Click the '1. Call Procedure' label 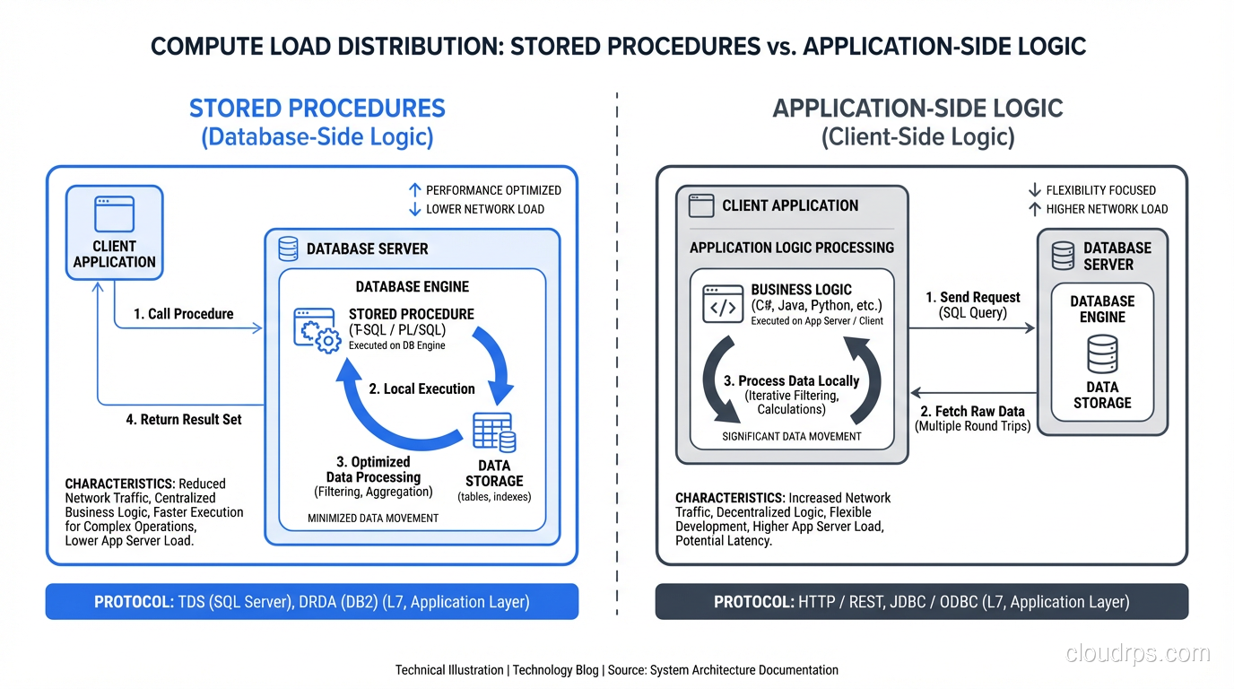tap(183, 314)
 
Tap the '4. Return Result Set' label tap(183, 419)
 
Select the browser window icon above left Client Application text tap(114, 215)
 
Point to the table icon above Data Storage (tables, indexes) tap(493, 432)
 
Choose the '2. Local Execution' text tap(421, 388)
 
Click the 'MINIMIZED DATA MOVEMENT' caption tap(373, 518)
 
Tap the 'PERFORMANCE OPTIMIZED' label tap(492, 190)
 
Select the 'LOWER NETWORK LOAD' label tap(484, 209)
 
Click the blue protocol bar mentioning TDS tap(312, 601)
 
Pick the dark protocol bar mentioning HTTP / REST tap(921, 601)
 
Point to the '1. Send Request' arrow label tap(972, 297)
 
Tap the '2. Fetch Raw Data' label tap(972, 411)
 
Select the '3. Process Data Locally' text tap(791, 380)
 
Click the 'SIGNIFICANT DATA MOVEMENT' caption tap(791, 436)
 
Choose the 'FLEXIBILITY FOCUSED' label tap(1100, 190)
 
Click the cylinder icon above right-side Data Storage tap(1102, 353)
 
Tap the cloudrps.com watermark tap(1137, 653)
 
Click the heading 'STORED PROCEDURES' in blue tap(317, 109)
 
